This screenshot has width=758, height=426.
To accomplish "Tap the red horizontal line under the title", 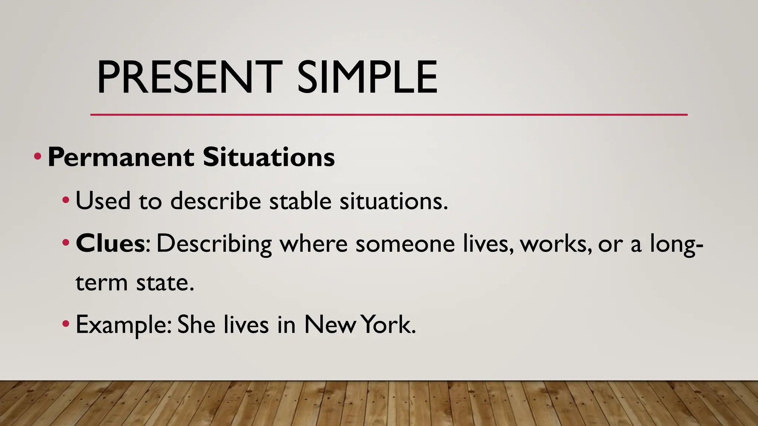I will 389,115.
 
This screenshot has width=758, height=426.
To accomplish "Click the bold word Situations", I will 269,158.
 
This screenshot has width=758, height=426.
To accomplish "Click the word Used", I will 103,201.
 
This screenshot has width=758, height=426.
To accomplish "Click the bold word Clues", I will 110,244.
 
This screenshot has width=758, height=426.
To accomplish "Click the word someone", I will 405,244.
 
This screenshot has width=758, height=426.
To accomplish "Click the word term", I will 101,283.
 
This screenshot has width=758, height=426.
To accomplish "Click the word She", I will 196,325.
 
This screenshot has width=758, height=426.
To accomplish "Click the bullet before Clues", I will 66,243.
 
